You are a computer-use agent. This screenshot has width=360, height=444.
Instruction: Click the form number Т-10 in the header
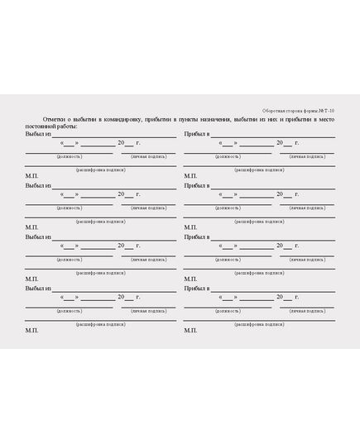(x=329, y=110)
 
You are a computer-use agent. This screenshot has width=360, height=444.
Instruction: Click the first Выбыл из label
(x=38, y=134)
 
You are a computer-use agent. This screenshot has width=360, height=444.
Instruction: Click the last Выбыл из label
(x=38, y=289)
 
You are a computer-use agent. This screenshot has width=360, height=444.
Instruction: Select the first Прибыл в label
(x=196, y=134)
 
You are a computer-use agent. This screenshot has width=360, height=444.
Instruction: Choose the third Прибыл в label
(x=196, y=237)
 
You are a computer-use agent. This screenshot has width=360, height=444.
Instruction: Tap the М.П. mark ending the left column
(x=31, y=330)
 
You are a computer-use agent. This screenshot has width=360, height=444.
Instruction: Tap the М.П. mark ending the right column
(x=190, y=330)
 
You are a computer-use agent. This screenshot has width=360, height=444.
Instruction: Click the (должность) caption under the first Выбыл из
(x=69, y=156)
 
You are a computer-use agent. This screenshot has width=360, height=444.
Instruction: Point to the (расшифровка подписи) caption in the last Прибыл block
(x=259, y=324)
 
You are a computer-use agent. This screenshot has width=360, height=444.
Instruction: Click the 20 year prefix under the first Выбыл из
(x=121, y=143)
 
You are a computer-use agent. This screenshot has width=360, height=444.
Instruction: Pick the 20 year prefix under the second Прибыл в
(x=280, y=195)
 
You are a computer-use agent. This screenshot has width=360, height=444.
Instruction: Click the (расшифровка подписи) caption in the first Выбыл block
(x=100, y=169)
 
